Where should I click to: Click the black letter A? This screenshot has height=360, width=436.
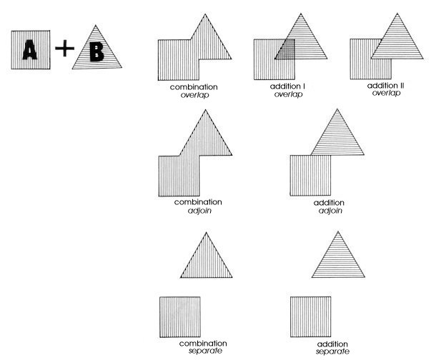(x=30, y=50)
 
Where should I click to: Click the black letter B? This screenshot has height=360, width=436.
(x=96, y=51)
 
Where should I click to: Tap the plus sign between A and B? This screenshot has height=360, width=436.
(x=65, y=48)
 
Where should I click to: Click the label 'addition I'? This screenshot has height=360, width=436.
(x=287, y=86)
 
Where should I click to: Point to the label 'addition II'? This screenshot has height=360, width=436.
(x=386, y=86)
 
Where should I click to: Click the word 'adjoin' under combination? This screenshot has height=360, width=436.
(x=199, y=211)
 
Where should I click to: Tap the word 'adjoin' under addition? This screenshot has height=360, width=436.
(x=330, y=211)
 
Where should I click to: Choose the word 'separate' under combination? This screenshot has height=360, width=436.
(x=205, y=351)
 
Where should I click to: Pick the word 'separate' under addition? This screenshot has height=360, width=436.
(x=332, y=351)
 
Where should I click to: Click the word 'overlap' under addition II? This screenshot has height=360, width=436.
(x=386, y=93)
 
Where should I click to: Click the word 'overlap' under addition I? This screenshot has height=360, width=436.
(x=288, y=94)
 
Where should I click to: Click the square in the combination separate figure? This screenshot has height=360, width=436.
(x=180, y=317)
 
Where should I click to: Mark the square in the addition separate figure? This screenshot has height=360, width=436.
(x=311, y=317)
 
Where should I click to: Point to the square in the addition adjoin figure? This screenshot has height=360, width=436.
(x=310, y=176)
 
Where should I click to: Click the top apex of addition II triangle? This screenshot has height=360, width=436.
(x=397, y=14)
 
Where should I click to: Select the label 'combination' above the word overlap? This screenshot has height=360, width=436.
(x=194, y=87)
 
